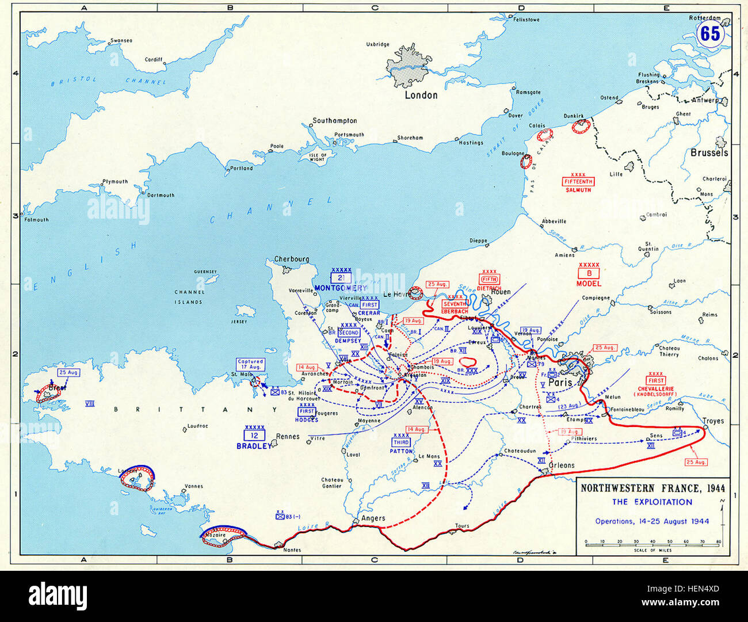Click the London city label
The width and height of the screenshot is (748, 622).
421,95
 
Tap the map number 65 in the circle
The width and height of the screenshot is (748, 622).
709,34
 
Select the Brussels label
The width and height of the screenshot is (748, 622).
709,152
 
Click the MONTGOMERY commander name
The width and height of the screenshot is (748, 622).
341,288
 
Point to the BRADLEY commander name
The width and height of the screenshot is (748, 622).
254,446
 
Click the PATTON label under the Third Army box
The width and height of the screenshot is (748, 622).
401,451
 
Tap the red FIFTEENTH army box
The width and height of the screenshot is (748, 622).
578,182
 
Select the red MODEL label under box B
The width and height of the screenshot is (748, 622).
589,283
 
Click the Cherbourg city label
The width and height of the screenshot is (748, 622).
291,259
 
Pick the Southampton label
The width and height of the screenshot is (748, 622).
334,121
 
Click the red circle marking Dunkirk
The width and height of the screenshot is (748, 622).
581,126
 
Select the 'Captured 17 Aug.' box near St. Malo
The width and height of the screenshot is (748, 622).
250,364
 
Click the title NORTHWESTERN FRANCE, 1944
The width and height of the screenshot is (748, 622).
652,489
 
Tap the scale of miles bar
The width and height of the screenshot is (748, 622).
652,542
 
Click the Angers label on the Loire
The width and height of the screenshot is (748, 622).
372,518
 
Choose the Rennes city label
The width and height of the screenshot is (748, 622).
287,436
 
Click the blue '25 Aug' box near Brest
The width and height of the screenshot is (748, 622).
68,373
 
